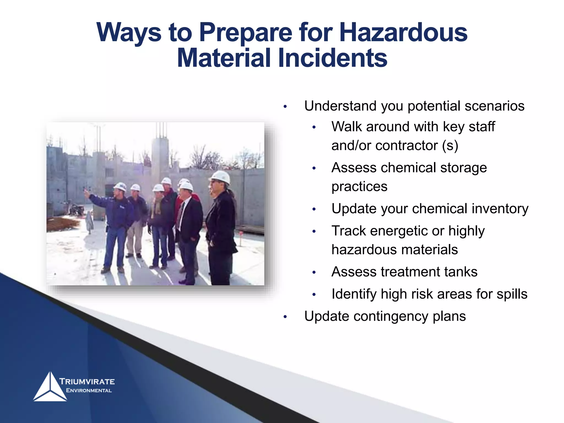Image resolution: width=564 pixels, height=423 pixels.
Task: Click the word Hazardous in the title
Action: pos(403,32)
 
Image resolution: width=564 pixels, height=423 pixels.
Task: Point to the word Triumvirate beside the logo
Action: pos(87,381)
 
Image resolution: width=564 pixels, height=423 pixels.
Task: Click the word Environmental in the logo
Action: pos(89,391)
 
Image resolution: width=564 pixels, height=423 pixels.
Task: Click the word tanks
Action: pos(461,272)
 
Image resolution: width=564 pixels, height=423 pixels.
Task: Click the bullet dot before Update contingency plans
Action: pos(285,317)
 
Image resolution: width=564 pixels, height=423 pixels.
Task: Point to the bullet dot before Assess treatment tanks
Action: pos(314,273)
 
